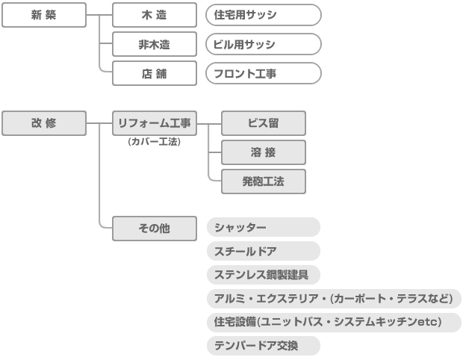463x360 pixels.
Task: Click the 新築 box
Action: click(x=44, y=15)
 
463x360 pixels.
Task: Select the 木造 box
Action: click(x=155, y=15)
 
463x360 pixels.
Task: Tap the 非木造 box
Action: click(x=155, y=44)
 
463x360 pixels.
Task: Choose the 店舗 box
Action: click(x=155, y=73)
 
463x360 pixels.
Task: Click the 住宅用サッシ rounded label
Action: click(x=263, y=15)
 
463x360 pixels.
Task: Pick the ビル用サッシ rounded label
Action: click(x=263, y=44)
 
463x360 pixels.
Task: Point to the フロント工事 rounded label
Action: click(x=263, y=73)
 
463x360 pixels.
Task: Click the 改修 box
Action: click(x=44, y=123)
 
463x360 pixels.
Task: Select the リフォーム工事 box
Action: click(x=155, y=123)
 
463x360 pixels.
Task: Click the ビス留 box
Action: click(x=264, y=123)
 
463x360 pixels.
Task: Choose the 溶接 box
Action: click(x=264, y=152)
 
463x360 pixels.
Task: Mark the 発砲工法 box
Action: click(x=264, y=181)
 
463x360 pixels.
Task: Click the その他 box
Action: click(x=155, y=228)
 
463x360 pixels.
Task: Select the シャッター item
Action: click(x=263, y=227)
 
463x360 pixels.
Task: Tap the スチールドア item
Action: click(x=263, y=251)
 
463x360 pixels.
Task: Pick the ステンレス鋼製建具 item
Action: click(x=263, y=275)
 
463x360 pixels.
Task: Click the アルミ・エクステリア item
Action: click(x=334, y=299)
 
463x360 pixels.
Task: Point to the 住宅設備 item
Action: click(x=334, y=322)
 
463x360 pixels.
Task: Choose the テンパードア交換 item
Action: click(x=263, y=346)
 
